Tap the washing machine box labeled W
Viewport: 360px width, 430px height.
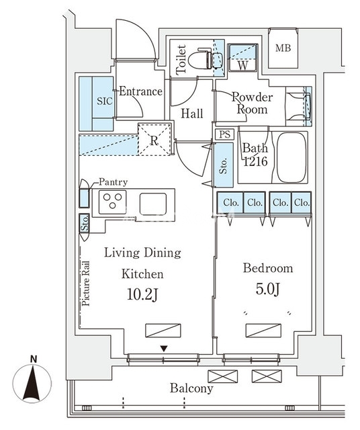point(242,58)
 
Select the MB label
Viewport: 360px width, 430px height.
point(283,48)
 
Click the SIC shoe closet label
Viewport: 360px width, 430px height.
point(105,101)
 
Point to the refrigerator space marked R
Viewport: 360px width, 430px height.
point(154,139)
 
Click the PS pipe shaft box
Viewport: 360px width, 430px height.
point(225,134)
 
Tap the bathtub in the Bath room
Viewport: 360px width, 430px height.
point(291,157)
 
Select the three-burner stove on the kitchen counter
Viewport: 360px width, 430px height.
point(112,202)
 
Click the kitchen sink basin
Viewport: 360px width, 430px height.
point(153,204)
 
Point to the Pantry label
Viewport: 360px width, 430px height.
point(113,182)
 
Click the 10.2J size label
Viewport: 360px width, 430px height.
point(142,295)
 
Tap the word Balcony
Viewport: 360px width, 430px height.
point(191,388)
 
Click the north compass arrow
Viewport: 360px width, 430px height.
point(32,384)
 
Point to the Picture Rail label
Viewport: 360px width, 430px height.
point(86,284)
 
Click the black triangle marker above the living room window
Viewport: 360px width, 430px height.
point(164,349)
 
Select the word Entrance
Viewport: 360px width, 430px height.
point(140,91)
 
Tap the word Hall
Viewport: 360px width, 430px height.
point(192,114)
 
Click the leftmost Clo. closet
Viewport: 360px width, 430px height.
point(230,203)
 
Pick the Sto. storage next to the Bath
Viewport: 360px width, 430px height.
point(224,165)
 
